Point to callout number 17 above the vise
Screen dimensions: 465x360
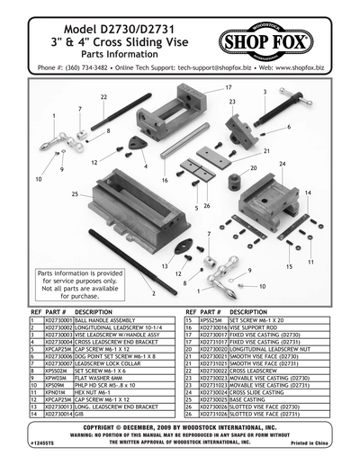(229, 88)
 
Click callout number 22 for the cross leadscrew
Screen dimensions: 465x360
(104, 96)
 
